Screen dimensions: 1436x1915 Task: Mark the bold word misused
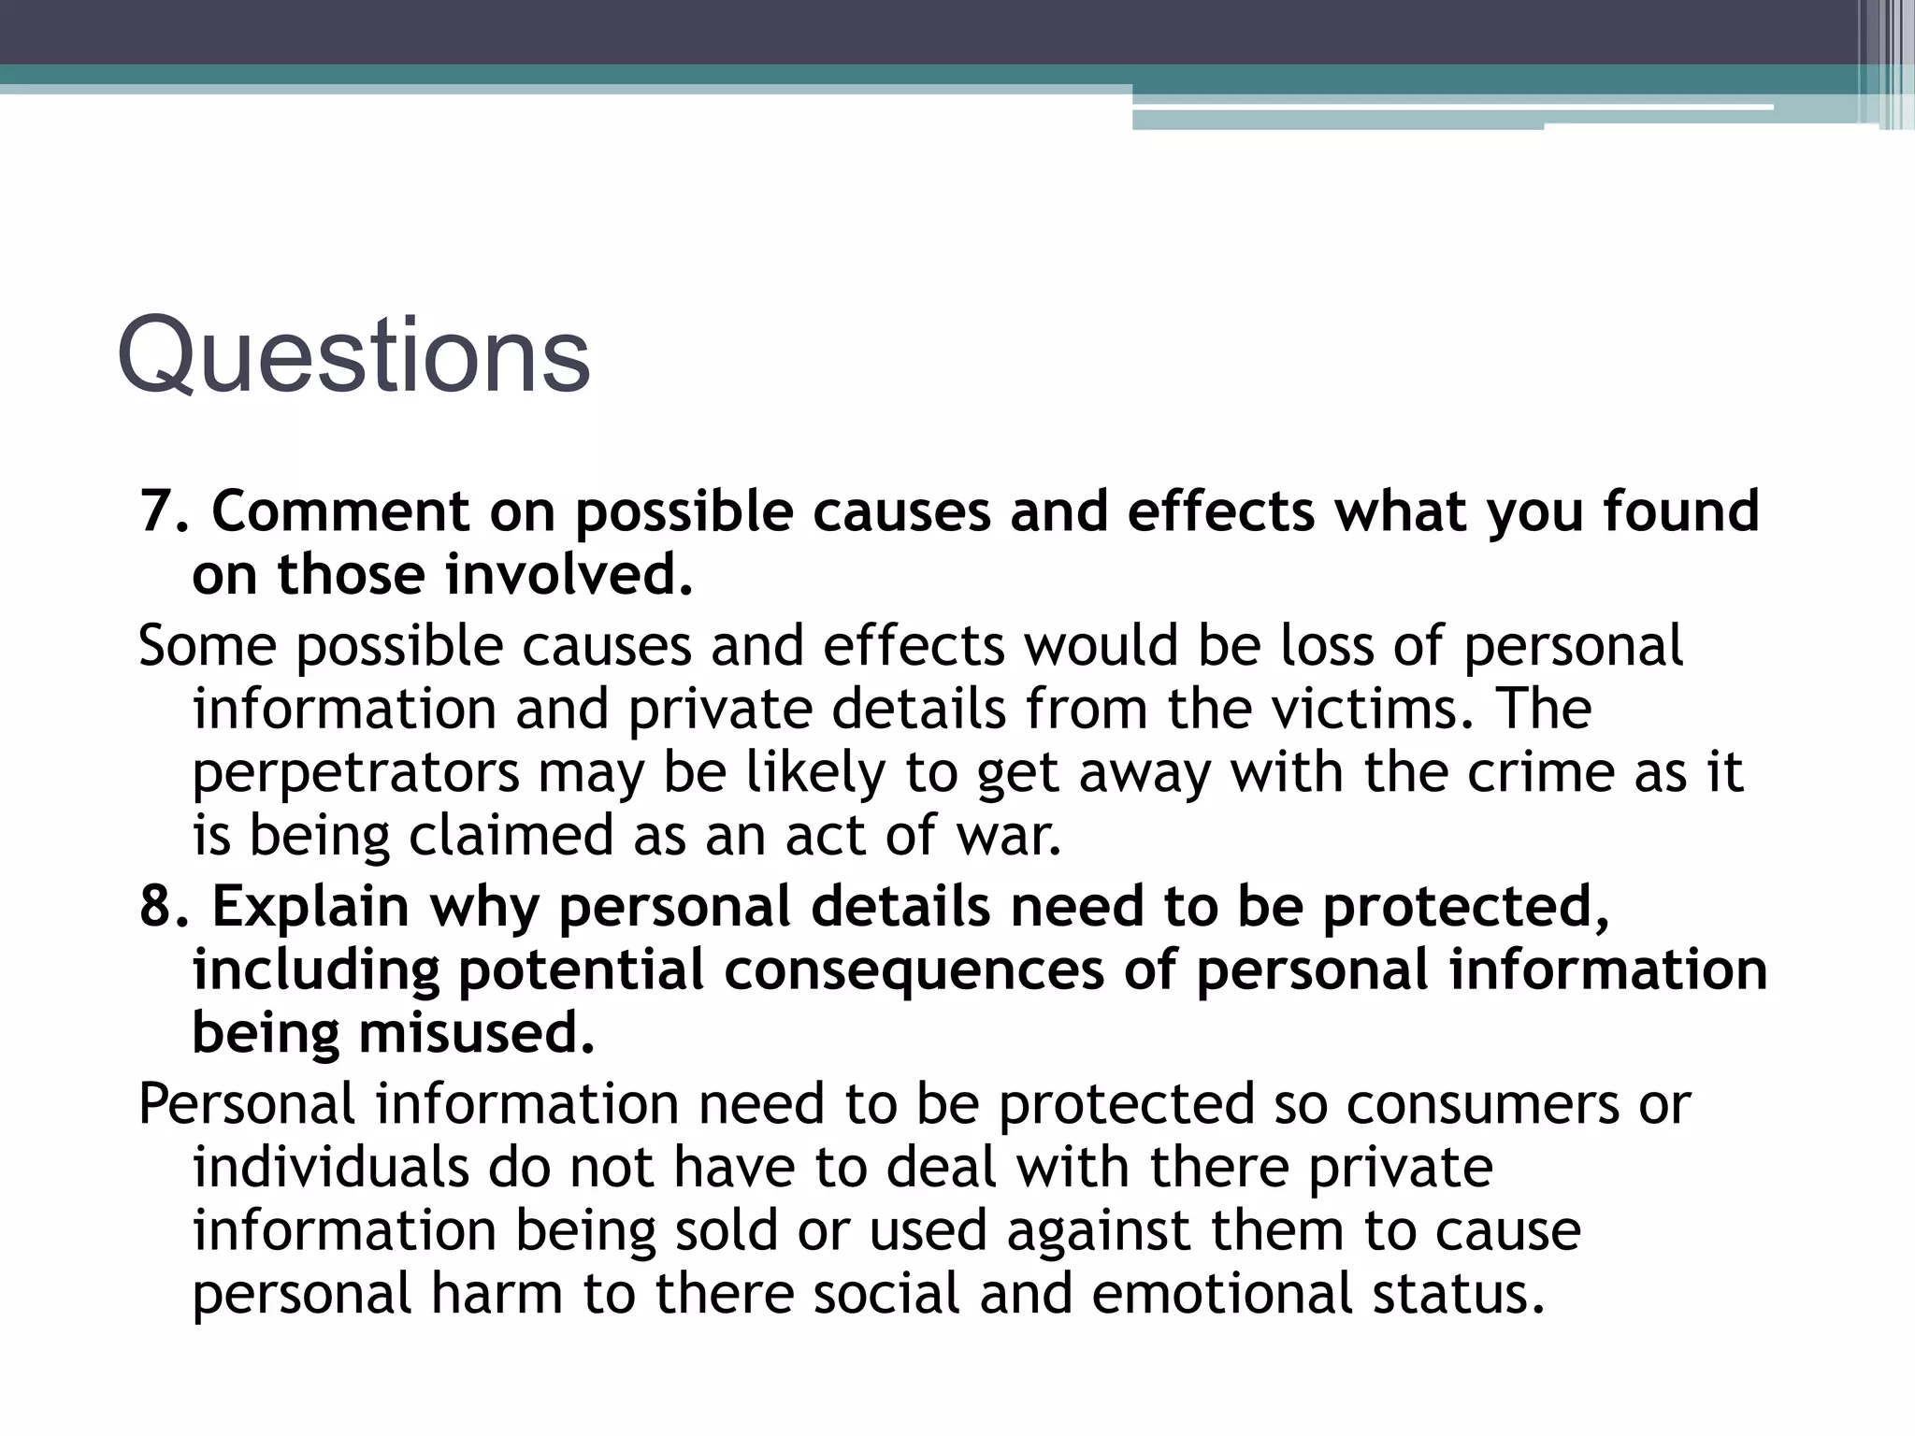(x=477, y=1033)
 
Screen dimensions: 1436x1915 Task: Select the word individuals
(x=330, y=1167)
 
